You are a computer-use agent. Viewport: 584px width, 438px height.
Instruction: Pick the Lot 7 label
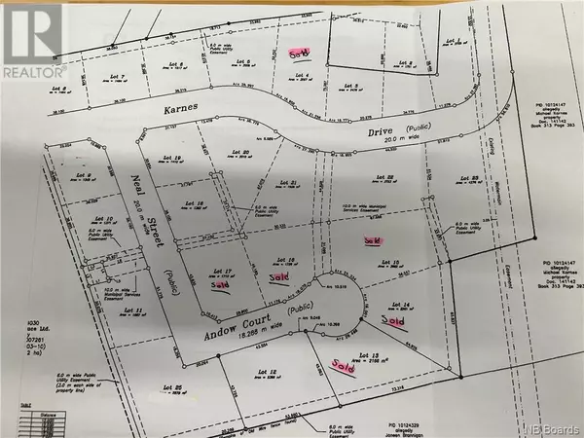tap(118, 77)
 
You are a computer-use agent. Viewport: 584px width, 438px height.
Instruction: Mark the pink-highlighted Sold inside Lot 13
tap(342, 367)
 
